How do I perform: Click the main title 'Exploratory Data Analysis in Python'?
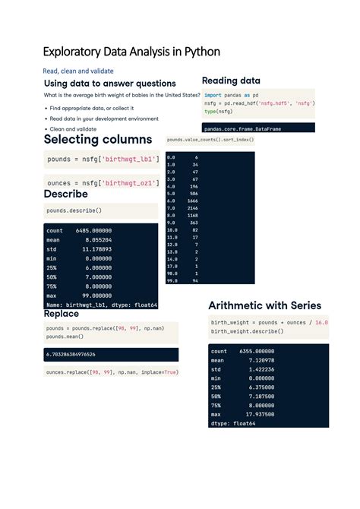click(131, 52)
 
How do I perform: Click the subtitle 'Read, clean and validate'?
click(77, 71)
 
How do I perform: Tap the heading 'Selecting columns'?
click(98, 140)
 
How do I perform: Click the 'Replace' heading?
click(62, 314)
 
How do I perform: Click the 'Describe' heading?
click(66, 194)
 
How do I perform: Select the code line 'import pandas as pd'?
click(232, 96)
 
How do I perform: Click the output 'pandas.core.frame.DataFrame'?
click(242, 129)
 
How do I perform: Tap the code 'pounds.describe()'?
click(74, 210)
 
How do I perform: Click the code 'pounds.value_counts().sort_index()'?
click(210, 141)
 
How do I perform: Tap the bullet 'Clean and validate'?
click(73, 129)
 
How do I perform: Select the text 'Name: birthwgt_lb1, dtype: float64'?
click(102, 305)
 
